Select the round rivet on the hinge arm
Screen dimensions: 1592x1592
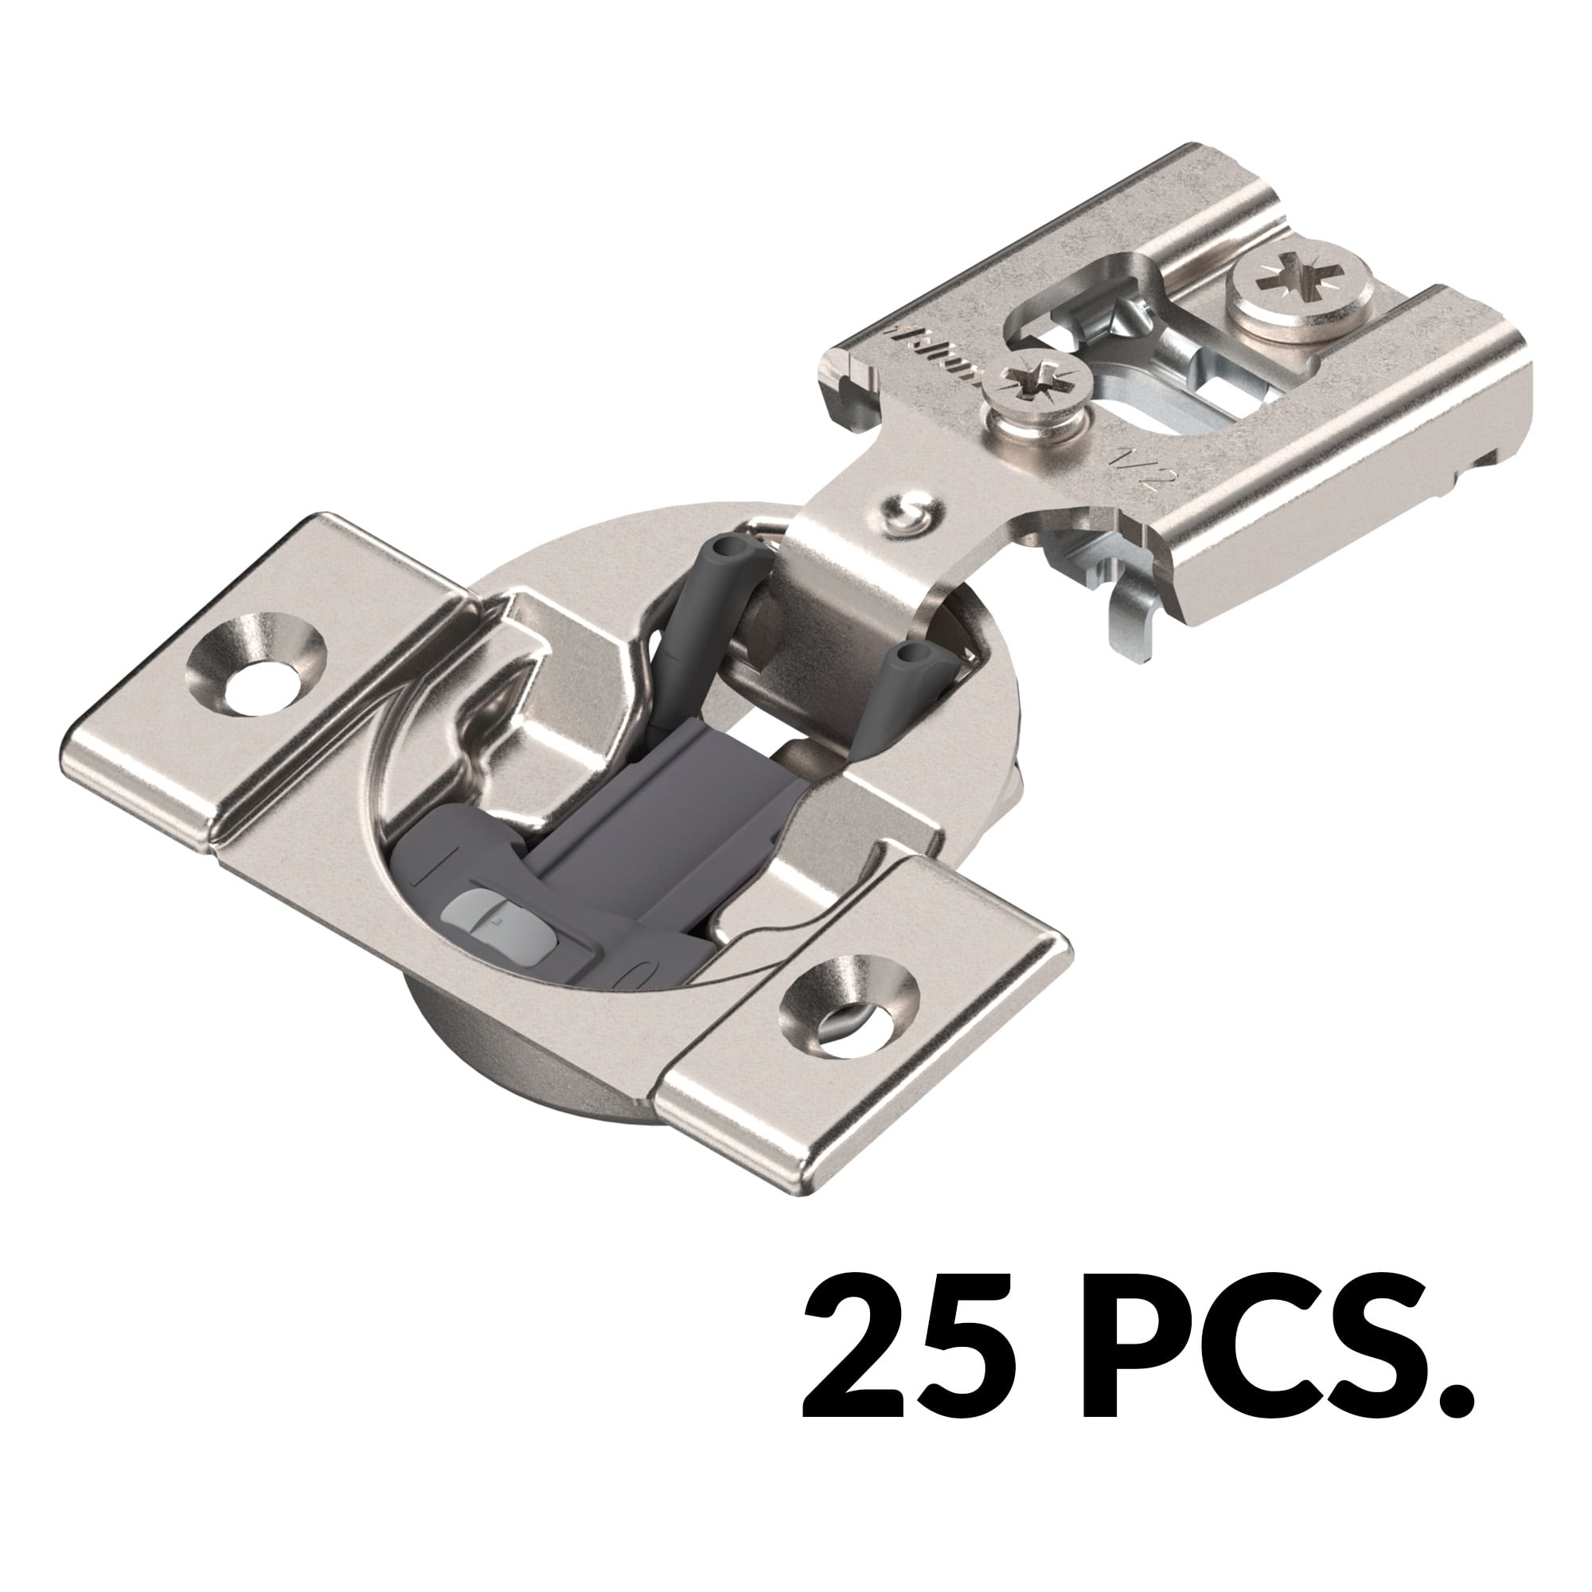(909, 513)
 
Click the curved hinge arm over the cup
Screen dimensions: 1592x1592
(857, 577)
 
